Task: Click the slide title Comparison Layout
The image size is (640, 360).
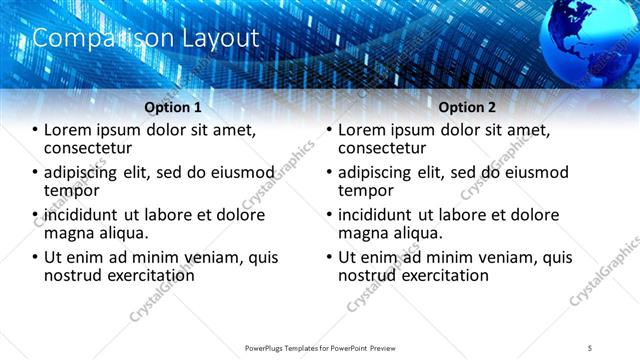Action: [146, 38]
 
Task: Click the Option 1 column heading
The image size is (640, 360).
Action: [172, 107]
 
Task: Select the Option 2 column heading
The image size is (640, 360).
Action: [467, 107]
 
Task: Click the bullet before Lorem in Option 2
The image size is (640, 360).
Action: [330, 131]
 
